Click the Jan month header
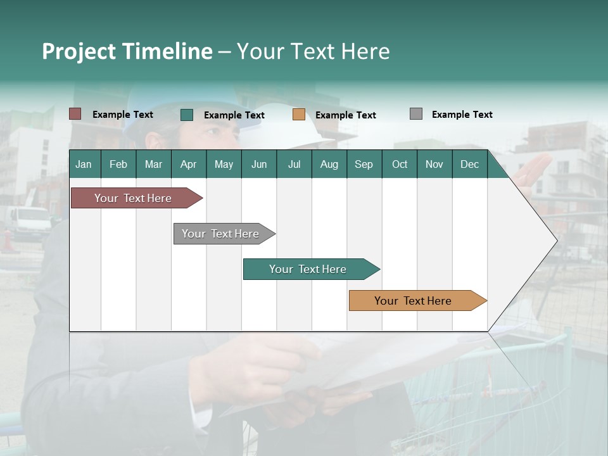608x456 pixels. click(x=84, y=164)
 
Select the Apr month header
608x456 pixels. click(x=188, y=164)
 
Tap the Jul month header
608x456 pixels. click(x=294, y=164)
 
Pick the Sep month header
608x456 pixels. click(x=364, y=164)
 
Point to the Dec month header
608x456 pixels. click(x=469, y=164)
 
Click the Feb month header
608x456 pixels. click(x=118, y=164)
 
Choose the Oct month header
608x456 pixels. click(x=400, y=164)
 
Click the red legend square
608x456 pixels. click(x=75, y=114)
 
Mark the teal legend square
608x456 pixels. click(x=187, y=115)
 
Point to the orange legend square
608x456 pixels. click(x=299, y=115)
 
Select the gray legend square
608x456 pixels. click(x=416, y=114)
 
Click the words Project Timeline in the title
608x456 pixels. click(x=127, y=51)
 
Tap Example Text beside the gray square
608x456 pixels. click(x=462, y=115)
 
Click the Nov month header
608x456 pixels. click(x=434, y=164)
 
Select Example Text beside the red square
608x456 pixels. click(x=123, y=115)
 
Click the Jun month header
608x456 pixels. click(x=259, y=164)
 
